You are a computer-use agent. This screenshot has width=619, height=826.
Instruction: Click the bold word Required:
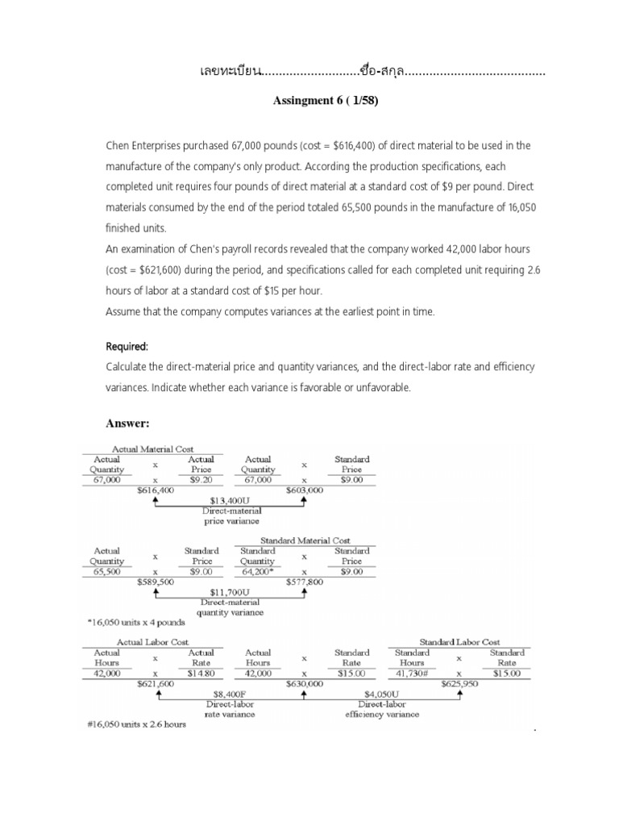[x=127, y=346]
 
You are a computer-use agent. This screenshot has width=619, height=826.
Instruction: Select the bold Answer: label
[x=130, y=423]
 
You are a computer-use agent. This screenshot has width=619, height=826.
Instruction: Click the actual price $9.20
[x=201, y=479]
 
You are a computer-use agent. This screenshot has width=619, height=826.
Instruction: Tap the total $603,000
[x=304, y=490]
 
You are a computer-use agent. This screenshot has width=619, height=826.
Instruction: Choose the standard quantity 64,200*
[x=258, y=571]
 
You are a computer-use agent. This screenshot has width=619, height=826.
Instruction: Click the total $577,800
[x=304, y=581]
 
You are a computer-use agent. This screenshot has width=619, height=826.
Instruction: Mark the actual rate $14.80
[x=201, y=673]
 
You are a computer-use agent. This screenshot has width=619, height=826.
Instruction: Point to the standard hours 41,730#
[x=412, y=673]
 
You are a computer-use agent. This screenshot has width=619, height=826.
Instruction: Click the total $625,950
[x=459, y=683]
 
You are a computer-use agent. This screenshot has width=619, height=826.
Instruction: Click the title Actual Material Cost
[x=156, y=449]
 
